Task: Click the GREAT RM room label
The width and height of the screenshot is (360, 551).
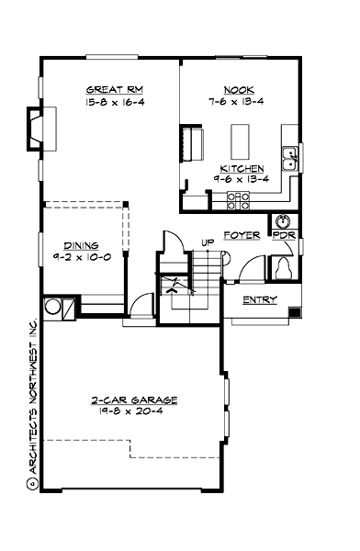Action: [115, 90]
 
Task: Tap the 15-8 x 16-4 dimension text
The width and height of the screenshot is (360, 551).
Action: [115, 102]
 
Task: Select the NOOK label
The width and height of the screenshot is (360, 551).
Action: [239, 90]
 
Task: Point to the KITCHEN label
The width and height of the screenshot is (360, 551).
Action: [242, 169]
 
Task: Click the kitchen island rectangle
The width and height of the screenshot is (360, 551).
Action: [240, 141]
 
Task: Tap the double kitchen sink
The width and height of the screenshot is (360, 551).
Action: [289, 159]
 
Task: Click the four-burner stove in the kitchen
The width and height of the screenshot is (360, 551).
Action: [238, 200]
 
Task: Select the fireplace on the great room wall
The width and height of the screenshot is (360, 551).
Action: [42, 129]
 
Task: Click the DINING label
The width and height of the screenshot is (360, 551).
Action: [81, 245]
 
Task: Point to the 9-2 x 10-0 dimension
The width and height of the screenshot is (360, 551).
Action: [82, 257]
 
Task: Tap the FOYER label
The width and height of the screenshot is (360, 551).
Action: [242, 235]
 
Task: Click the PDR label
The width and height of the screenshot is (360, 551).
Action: [285, 235]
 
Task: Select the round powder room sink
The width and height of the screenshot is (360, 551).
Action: [284, 221]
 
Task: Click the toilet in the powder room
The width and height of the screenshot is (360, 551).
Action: [283, 269]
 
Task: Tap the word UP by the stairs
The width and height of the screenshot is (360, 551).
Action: [208, 242]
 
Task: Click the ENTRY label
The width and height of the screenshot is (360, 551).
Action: [260, 299]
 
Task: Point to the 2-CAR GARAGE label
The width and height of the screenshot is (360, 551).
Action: [134, 399]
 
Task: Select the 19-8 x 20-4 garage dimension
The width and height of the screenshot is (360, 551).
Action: [130, 411]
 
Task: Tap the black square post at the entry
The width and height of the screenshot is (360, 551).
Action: [295, 311]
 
